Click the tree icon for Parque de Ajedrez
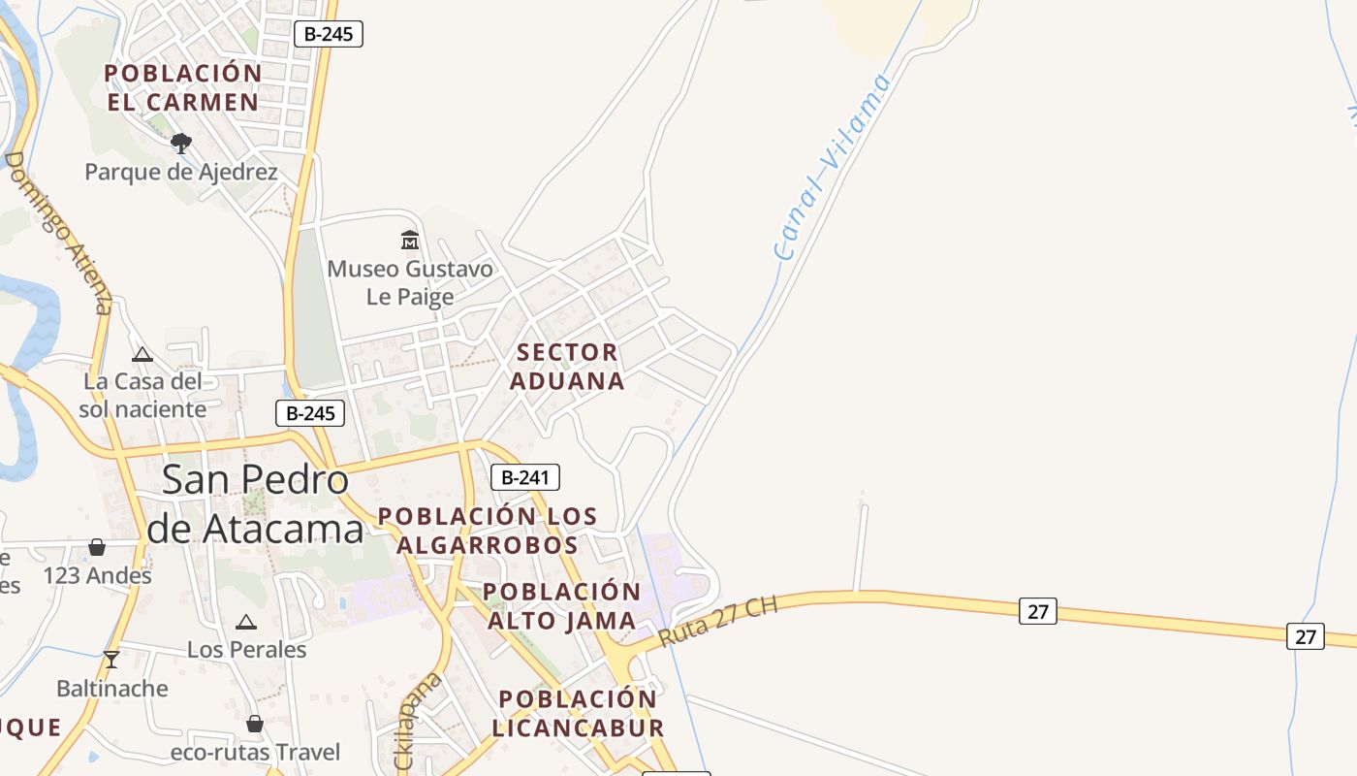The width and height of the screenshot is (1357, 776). point(180,144)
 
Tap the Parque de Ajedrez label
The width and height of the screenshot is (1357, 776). point(181,173)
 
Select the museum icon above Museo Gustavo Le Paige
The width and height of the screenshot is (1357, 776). point(410,240)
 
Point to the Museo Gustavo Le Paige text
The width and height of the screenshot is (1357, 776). point(410,282)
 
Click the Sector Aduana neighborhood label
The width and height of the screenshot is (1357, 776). point(567,367)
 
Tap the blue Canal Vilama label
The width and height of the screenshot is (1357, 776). point(834,167)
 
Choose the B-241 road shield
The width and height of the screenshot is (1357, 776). point(525,477)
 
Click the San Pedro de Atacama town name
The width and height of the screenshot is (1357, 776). point(255,504)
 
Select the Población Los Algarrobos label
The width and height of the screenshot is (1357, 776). point(488,530)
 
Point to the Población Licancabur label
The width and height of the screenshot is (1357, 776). point(578,713)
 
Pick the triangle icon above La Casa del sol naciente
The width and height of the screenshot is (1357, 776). point(142,354)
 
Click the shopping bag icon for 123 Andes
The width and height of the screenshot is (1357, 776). point(97,548)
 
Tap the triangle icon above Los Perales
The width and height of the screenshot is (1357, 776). point(246,622)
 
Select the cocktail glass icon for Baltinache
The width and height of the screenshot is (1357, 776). point(111,660)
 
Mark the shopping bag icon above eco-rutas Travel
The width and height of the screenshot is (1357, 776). point(255,724)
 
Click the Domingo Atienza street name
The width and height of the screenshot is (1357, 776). point(59,233)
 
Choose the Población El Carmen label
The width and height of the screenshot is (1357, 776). point(183,87)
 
